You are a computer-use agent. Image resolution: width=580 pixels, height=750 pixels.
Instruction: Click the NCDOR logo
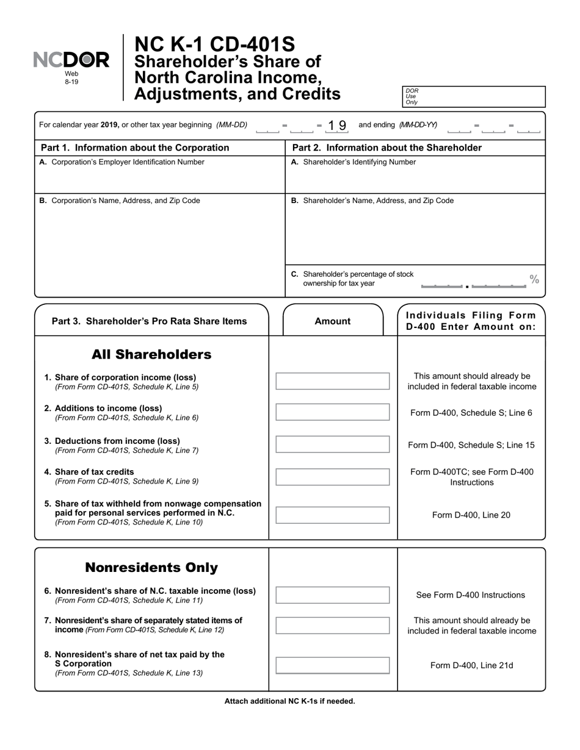71,60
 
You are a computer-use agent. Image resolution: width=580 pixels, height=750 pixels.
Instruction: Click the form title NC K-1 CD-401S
214,45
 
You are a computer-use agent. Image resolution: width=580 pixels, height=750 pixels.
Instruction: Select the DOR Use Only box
473,96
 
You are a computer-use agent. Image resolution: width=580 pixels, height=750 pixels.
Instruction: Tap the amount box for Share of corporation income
332,381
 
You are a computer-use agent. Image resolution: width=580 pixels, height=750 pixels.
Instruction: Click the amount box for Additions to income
332,412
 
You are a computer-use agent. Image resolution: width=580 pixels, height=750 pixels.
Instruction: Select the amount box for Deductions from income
332,445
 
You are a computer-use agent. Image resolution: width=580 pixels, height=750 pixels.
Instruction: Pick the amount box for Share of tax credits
332,476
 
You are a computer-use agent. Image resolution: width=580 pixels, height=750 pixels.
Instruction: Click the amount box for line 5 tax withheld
332,515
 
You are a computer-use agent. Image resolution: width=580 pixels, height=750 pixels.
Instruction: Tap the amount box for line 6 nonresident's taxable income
332,595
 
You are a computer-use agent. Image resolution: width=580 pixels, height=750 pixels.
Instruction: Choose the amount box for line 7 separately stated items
332,625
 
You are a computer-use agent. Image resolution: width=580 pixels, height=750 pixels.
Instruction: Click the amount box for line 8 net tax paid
332,665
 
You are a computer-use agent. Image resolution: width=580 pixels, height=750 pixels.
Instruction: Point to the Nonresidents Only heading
151,568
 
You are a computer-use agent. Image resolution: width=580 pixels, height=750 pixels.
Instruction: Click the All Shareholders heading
151,354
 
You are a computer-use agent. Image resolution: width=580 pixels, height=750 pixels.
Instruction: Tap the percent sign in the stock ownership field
534,279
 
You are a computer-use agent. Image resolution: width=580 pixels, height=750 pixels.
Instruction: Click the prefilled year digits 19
337,125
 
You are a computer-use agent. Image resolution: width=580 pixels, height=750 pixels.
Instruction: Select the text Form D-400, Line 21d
471,665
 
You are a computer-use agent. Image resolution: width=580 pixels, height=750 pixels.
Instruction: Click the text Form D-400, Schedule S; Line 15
471,445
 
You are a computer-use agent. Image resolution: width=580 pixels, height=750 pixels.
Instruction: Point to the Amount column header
332,321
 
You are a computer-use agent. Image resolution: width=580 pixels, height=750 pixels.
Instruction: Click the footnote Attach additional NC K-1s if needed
289,701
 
